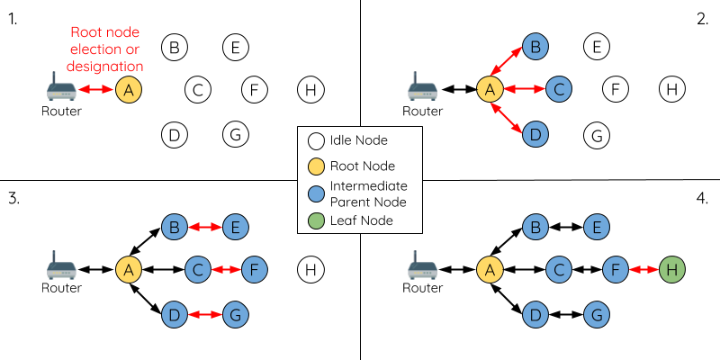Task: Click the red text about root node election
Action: (106, 50)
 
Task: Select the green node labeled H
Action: (671, 269)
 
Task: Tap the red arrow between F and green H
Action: (643, 269)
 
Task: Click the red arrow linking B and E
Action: (205, 228)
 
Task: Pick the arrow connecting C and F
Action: (228, 269)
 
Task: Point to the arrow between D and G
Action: (205, 315)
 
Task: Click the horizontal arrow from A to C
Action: (524, 89)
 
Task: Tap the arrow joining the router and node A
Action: (95, 89)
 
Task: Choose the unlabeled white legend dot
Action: (316, 140)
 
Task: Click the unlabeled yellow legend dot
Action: (316, 166)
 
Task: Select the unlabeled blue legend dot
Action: (316, 193)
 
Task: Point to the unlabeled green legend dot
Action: (316, 220)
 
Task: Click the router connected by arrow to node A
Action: (61, 88)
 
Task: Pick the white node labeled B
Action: (175, 47)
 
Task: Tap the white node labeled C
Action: (198, 89)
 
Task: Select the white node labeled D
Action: (175, 135)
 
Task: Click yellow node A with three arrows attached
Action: (490, 89)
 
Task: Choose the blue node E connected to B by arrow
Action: (235, 228)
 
